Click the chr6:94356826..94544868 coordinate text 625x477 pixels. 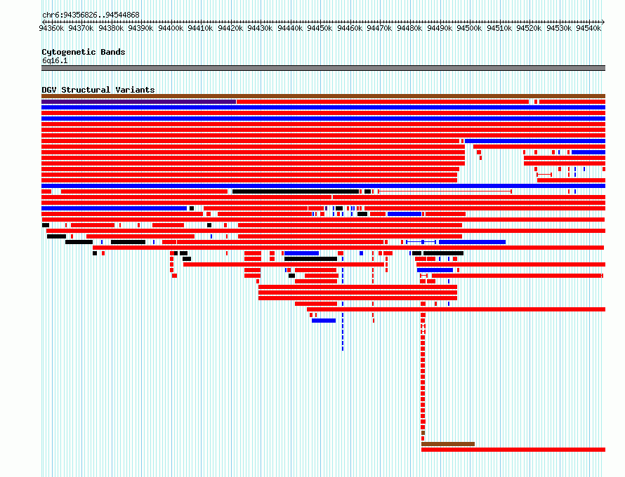(91, 15)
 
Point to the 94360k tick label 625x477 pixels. (51, 28)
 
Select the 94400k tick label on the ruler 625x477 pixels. (171, 28)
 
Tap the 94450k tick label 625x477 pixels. (320, 28)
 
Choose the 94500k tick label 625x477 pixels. (469, 28)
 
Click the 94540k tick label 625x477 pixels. (588, 28)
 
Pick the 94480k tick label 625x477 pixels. (409, 28)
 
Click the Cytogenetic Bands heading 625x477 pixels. (84, 52)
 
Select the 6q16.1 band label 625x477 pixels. (55, 61)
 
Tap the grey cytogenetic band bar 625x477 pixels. (323, 68)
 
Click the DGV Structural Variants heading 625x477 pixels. (98, 90)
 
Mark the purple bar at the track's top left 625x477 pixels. (139, 102)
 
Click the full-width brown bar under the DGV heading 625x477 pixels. (323, 96)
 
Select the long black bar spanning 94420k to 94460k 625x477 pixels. (296, 192)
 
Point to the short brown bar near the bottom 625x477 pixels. (448, 444)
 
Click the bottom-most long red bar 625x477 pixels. (513, 450)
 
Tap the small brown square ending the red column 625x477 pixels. (423, 433)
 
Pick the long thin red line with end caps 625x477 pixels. (445, 192)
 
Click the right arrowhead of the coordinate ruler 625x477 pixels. (603, 22)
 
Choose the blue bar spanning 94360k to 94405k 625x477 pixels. (114, 208)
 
